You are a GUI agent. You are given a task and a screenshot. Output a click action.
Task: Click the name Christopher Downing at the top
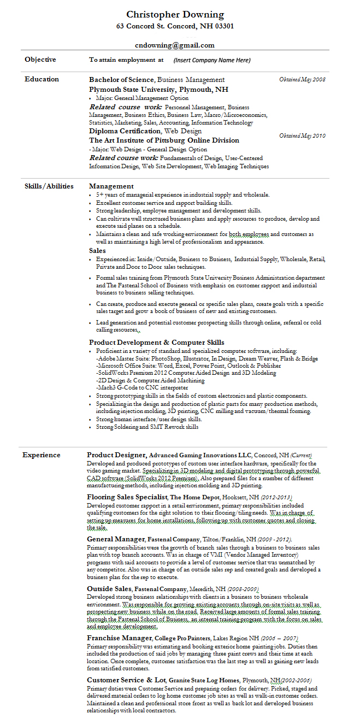(x=175, y=14)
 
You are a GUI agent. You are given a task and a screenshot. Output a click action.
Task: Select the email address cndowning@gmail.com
(x=175, y=45)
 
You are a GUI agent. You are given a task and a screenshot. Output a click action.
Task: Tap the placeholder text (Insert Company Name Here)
(x=212, y=60)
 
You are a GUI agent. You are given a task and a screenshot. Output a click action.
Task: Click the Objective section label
(x=40, y=60)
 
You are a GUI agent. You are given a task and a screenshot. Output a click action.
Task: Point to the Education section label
(x=42, y=79)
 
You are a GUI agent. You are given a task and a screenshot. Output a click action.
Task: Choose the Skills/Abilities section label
(x=49, y=186)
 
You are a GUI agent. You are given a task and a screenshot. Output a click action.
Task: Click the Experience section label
(x=42, y=455)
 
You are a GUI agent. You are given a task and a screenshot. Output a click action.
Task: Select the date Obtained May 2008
(x=302, y=80)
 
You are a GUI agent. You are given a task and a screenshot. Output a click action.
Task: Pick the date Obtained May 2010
(x=302, y=135)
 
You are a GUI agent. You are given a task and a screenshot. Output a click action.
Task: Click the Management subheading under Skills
(x=111, y=186)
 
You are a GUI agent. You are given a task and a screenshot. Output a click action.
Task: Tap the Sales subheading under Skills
(x=98, y=251)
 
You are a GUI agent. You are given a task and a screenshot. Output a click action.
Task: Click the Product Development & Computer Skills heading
(x=157, y=343)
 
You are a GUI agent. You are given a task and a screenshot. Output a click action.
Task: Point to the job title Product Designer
(x=116, y=455)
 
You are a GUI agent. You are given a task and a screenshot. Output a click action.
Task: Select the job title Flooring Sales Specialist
(x=127, y=497)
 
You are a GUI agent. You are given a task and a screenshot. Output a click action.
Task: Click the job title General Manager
(x=115, y=539)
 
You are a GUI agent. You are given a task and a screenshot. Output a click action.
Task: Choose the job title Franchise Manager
(x=119, y=638)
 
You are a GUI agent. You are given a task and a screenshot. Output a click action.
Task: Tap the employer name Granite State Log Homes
(x=204, y=681)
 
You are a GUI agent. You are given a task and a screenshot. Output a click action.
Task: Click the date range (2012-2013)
(x=276, y=498)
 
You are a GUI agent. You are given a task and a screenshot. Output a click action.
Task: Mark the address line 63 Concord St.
(x=175, y=26)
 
